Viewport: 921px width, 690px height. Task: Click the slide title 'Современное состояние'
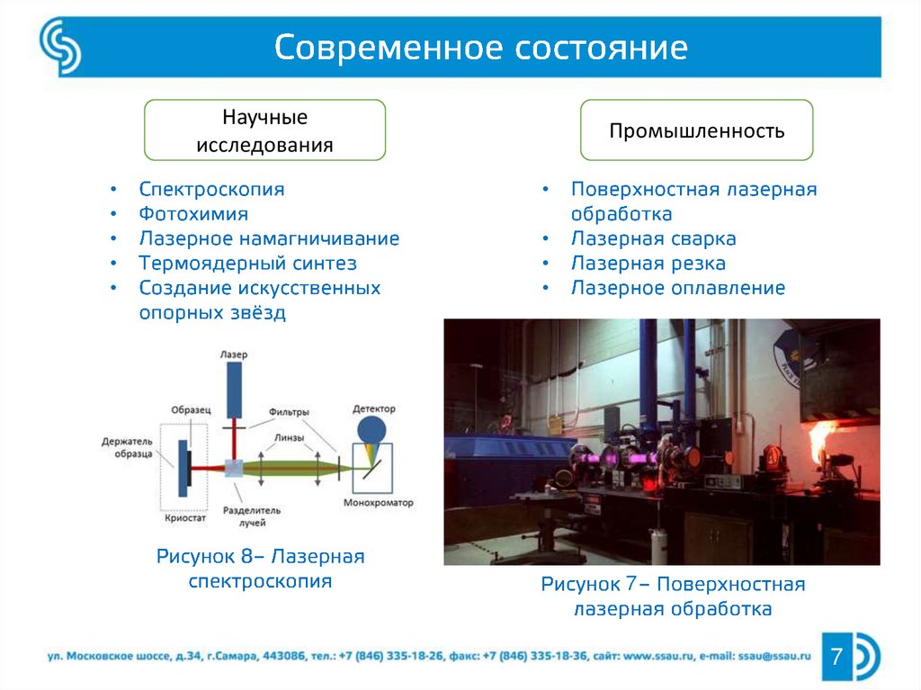tap(481, 48)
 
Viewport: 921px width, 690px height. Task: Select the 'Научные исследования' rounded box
tap(265, 130)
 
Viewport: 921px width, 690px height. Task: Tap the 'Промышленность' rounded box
tap(696, 131)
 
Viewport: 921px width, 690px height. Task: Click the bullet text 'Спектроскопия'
tap(211, 190)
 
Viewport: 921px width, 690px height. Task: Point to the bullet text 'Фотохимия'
tap(193, 214)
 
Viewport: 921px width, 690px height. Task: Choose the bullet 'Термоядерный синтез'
tap(247, 264)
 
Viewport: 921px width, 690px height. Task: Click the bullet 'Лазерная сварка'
tap(653, 239)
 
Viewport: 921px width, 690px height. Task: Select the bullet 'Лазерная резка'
tap(648, 264)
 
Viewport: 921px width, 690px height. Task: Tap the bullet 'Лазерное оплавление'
tap(677, 288)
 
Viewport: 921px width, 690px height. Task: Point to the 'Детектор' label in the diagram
tap(373, 409)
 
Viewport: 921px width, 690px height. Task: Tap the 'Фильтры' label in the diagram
tap(289, 412)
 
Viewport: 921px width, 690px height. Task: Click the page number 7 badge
tap(837, 656)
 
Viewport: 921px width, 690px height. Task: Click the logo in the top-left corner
tap(59, 47)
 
